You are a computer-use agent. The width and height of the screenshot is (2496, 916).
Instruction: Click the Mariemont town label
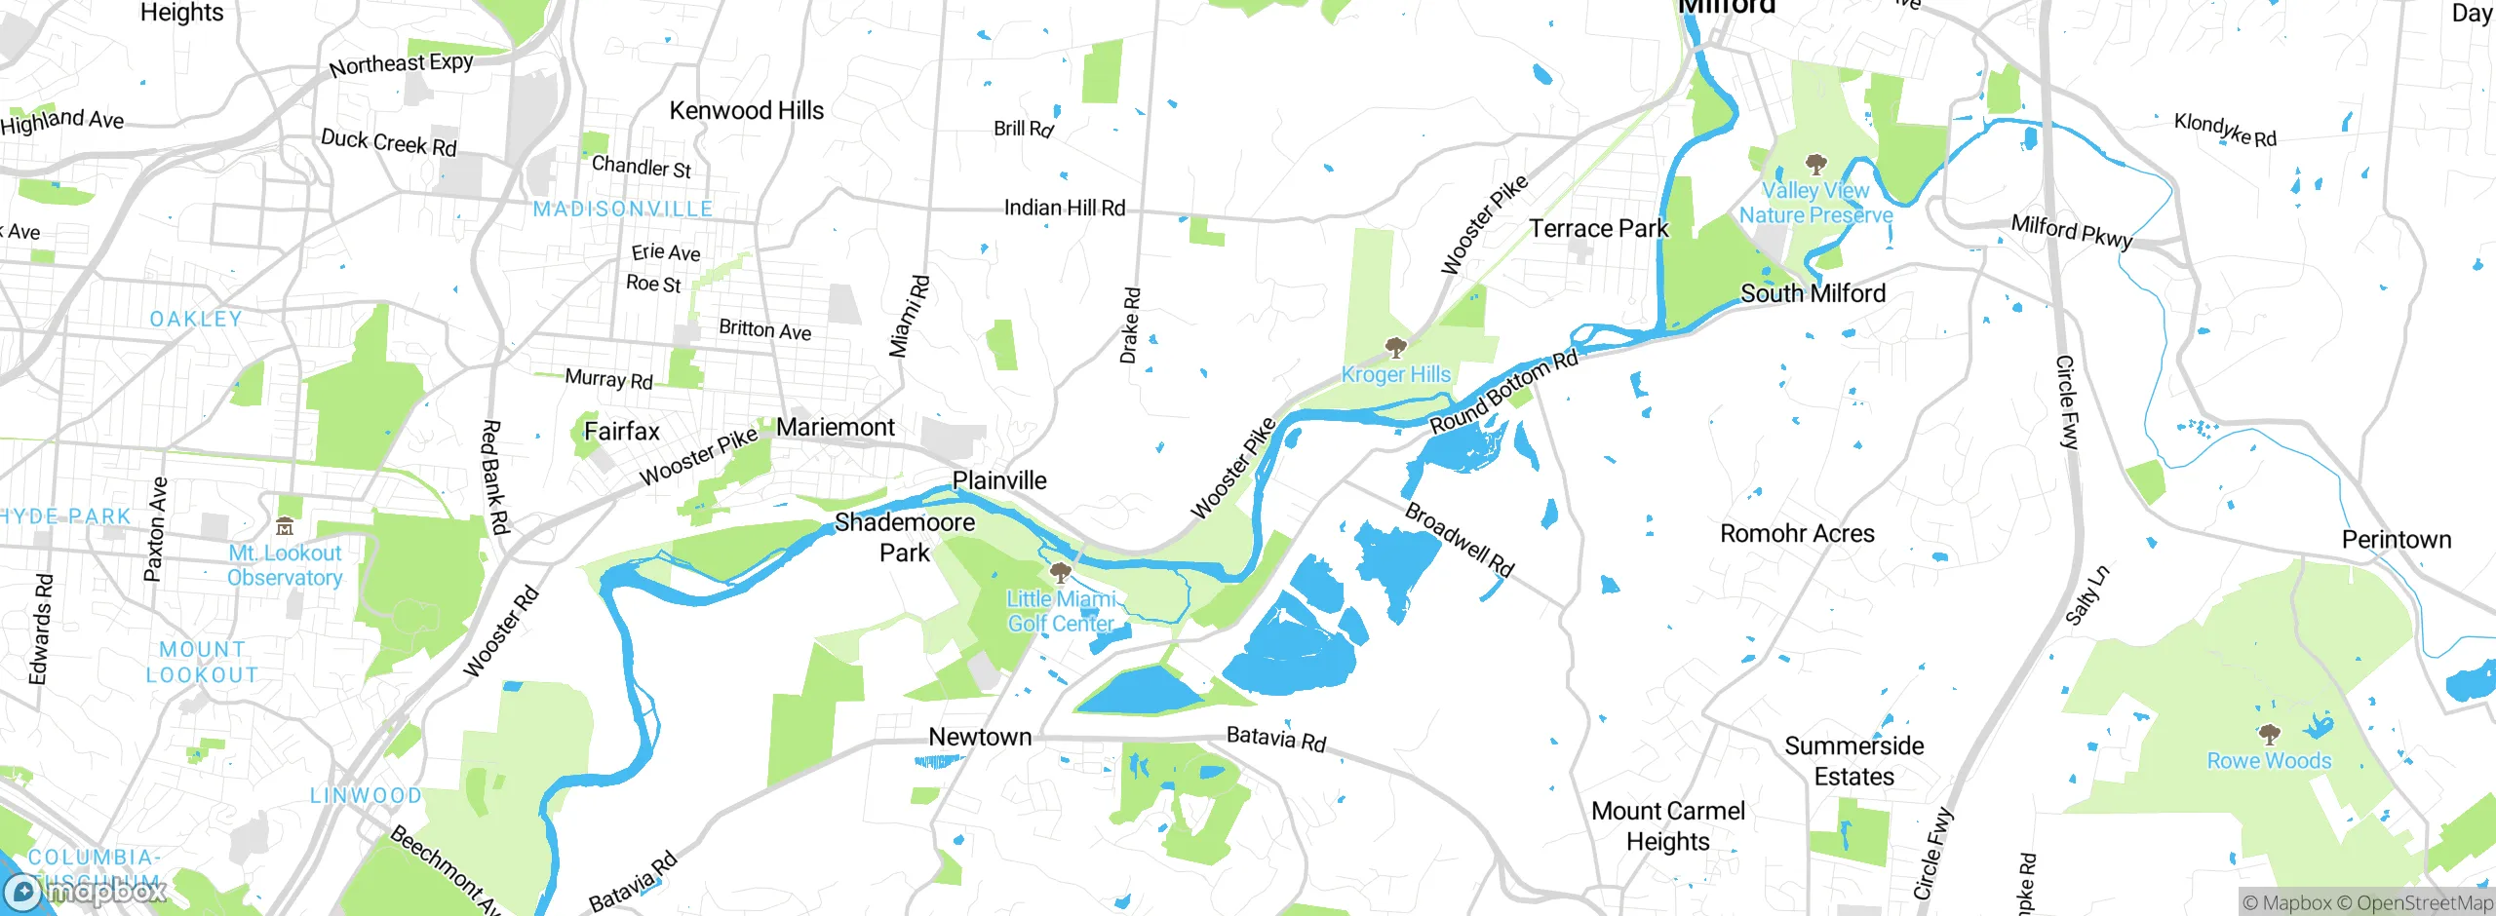pyautogui.click(x=835, y=427)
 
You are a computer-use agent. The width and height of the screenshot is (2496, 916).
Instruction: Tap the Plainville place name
pyautogui.click(x=998, y=480)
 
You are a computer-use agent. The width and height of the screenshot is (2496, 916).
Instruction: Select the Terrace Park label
pyautogui.click(x=1598, y=228)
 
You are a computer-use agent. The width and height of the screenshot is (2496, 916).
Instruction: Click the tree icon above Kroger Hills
pyautogui.click(x=1395, y=348)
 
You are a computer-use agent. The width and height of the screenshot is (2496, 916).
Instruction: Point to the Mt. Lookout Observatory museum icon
pyautogui.click(x=285, y=527)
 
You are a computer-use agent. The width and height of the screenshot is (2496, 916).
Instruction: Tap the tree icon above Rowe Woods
pyautogui.click(x=2269, y=734)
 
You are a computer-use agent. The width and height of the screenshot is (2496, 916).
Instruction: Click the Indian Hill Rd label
pyautogui.click(x=1064, y=208)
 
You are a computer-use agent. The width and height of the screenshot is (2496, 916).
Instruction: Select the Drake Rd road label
pyautogui.click(x=1129, y=325)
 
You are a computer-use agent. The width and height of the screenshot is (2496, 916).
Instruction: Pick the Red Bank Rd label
pyautogui.click(x=495, y=477)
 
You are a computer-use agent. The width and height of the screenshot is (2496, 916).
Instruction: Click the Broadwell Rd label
pyautogui.click(x=1459, y=540)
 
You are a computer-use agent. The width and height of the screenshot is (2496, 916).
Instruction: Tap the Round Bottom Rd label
pyautogui.click(x=1502, y=393)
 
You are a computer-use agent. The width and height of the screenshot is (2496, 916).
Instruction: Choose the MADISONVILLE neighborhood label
pyautogui.click(x=623, y=210)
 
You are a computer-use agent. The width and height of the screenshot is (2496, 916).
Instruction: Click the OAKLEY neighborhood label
pyautogui.click(x=196, y=320)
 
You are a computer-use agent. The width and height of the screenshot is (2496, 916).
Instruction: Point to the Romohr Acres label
pyautogui.click(x=1796, y=534)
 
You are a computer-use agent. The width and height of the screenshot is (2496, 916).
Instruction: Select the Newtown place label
pyautogui.click(x=979, y=737)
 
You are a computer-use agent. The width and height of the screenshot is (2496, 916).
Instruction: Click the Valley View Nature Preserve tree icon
pyautogui.click(x=1814, y=164)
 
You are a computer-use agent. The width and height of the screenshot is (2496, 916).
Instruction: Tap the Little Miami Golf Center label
pyautogui.click(x=1061, y=611)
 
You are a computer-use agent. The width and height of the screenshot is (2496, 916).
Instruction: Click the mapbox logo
pyautogui.click(x=86, y=891)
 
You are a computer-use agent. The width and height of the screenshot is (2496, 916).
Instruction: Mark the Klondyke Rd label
pyautogui.click(x=2225, y=130)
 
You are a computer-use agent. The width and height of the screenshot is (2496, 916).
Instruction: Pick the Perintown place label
pyautogui.click(x=2396, y=540)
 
